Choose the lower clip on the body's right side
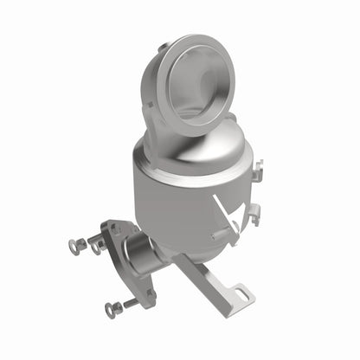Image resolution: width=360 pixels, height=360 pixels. click(x=254, y=215)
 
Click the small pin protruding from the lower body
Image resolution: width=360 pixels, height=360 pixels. click(x=218, y=235)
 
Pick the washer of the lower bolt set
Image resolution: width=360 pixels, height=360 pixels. click(x=110, y=308)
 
